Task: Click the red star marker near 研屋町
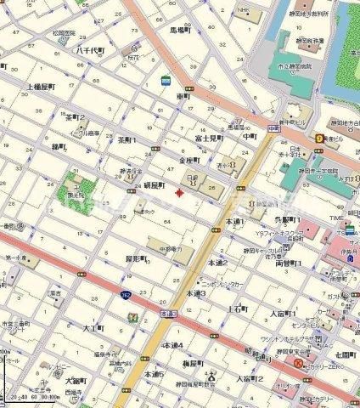coord(177,193)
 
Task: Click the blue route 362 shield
coord(125,295)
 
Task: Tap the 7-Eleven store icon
coord(131,317)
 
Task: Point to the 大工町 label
coord(93,326)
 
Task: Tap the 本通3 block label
coord(196,292)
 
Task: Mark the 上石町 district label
coord(236,309)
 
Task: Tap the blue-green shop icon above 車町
coord(166,82)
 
